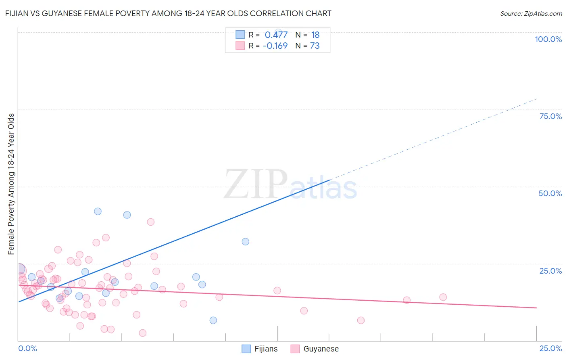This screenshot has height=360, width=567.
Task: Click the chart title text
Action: (168, 13)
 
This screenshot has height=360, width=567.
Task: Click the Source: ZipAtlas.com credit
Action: (531, 14)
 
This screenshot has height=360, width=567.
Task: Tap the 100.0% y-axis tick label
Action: (548, 39)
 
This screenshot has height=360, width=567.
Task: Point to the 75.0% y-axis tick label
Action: (550, 116)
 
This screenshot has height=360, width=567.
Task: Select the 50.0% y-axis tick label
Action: (550, 193)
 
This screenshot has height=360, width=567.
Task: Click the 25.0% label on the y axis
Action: (550, 271)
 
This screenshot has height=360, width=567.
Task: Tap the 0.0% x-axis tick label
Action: (27, 348)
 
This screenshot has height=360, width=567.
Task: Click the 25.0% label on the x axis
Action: (550, 348)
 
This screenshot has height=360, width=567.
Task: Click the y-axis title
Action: (11, 184)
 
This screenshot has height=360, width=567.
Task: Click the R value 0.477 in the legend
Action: (276, 35)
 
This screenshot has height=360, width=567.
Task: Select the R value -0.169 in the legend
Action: (275, 46)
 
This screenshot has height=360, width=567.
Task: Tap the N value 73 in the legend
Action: (315, 46)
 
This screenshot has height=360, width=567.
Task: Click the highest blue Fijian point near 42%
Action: (98, 211)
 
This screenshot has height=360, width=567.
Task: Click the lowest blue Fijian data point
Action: (213, 320)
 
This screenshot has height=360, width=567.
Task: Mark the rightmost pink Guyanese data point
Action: (443, 297)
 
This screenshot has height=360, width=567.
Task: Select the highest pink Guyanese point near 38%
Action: (151, 222)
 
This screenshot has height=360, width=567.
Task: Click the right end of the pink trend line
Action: (536, 308)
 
